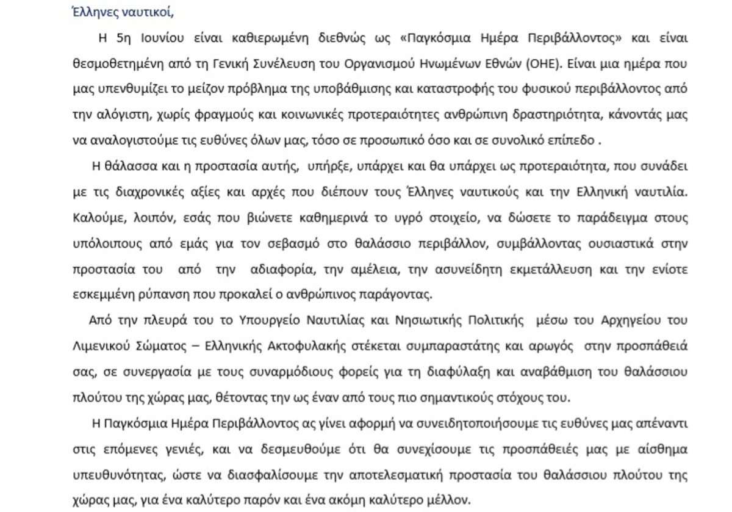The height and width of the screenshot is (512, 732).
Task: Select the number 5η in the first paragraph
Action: click(122, 38)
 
